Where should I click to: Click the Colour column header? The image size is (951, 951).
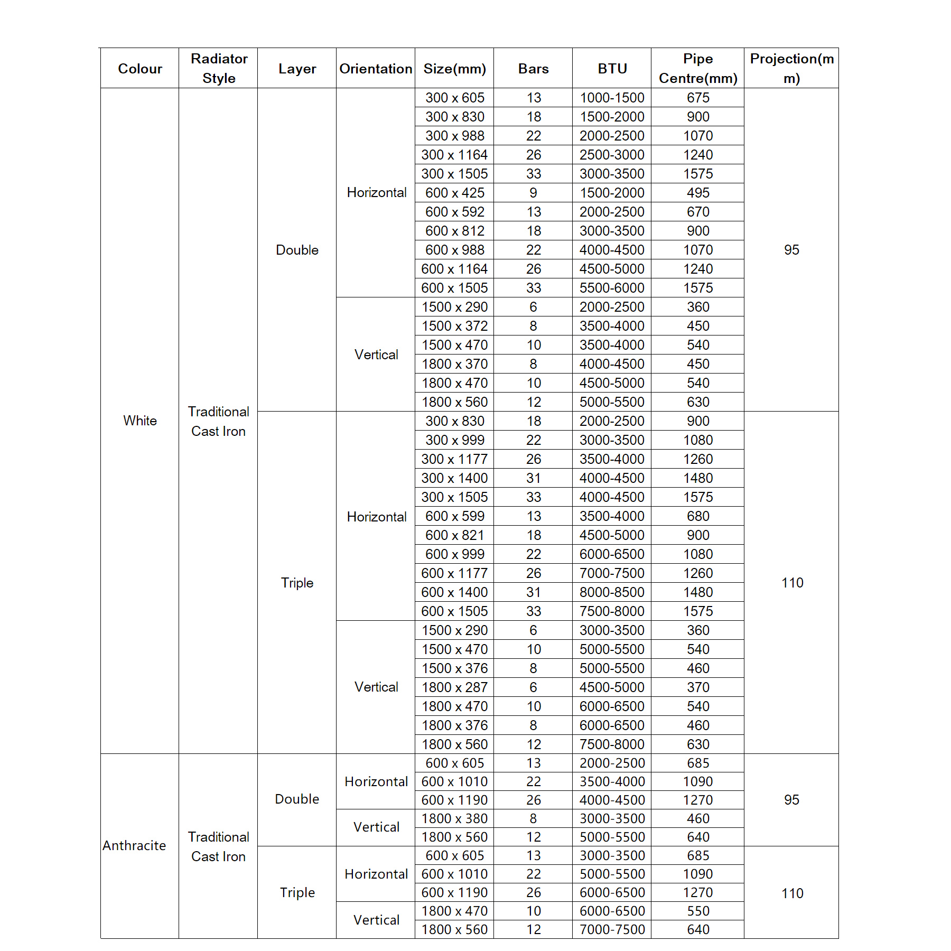tap(139, 69)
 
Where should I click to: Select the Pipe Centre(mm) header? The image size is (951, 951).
tap(697, 69)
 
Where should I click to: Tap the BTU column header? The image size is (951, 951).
tap(612, 69)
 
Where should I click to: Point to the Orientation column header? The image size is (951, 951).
tap(376, 69)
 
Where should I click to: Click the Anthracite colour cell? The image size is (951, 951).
tap(134, 845)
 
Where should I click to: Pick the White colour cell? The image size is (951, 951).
tap(139, 421)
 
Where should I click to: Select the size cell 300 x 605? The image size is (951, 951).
tap(454, 98)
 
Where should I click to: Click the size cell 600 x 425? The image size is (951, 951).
tap(454, 193)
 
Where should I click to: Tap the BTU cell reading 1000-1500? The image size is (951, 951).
tap(612, 98)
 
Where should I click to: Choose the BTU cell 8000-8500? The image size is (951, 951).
tap(612, 592)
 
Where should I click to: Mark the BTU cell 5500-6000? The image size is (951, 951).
tap(612, 288)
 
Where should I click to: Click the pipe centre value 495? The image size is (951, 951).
tap(697, 193)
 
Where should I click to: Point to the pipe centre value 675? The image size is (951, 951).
tap(697, 98)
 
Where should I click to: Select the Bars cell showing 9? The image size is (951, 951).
tap(533, 193)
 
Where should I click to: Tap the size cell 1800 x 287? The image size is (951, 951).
tap(454, 687)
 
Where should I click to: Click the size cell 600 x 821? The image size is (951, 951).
tap(454, 535)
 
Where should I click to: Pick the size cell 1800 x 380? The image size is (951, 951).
tap(454, 818)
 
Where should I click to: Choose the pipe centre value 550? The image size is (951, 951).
tap(697, 911)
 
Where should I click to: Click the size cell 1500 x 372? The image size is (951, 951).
tap(454, 326)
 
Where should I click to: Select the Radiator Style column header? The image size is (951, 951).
tap(219, 69)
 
